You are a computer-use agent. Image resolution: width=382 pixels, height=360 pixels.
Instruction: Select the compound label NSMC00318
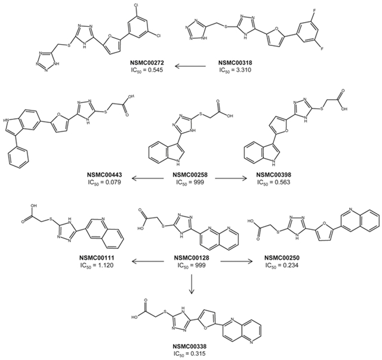coord(235,63)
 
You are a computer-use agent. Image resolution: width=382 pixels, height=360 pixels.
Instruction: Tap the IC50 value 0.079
coord(113,182)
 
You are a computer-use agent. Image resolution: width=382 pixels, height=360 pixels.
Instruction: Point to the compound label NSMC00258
coord(190,175)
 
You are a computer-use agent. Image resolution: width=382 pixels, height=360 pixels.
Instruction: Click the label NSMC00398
coord(274,175)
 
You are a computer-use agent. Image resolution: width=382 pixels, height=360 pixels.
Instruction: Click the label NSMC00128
coord(191,258)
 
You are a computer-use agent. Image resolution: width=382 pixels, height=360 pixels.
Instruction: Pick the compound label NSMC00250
coord(282,258)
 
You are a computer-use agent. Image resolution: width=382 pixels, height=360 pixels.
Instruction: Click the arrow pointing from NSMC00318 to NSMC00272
coord(191,66)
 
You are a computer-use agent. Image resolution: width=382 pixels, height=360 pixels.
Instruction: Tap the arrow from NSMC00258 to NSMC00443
coord(147,179)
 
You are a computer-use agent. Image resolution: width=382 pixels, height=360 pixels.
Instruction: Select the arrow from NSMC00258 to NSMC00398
coord(231,179)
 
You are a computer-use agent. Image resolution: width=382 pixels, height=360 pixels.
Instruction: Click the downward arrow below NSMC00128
coord(192,284)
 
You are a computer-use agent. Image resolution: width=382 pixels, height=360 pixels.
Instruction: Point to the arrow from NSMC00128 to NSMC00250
coord(236,261)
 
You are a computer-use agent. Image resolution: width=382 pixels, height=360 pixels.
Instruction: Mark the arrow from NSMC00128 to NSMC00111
coord(147,261)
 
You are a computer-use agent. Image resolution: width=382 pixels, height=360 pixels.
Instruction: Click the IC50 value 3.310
coord(243,70)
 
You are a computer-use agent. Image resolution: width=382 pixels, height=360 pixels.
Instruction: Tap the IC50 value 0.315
coord(198,353)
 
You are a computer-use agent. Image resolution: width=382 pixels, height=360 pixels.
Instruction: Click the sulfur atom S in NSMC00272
coord(69,45)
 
